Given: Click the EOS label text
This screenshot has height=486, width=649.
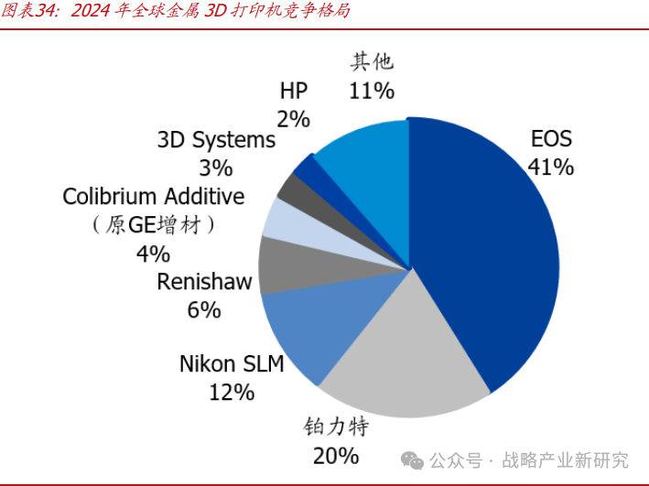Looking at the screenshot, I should [x=551, y=139].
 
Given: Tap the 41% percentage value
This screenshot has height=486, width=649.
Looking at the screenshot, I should [x=550, y=167].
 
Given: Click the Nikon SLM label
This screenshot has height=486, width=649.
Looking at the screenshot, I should [x=232, y=364].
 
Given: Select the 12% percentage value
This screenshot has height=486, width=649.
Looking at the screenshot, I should [x=231, y=393].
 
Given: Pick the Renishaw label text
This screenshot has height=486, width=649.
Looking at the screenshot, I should [x=204, y=282].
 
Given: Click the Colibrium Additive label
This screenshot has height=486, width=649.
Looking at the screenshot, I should [x=154, y=196].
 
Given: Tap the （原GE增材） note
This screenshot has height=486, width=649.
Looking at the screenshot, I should [x=154, y=225].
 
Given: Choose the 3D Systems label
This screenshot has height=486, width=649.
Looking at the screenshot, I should [x=216, y=140].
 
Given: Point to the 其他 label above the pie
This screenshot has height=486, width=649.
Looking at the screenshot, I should [x=372, y=61].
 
